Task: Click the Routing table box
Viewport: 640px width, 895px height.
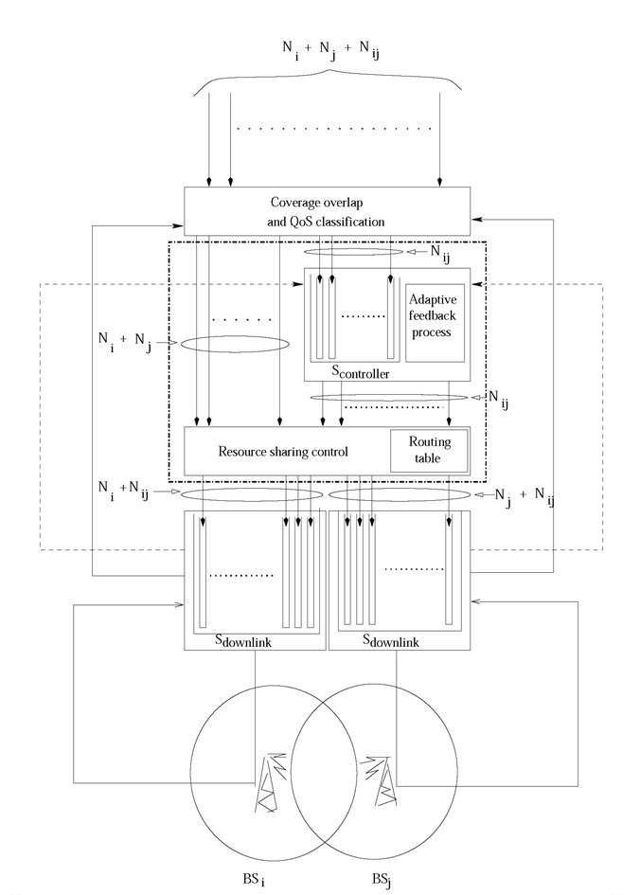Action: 429,451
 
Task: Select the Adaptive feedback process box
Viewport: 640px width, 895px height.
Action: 435,323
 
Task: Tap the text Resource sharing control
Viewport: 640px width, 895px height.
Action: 283,452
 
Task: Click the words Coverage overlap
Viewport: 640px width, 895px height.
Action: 316,203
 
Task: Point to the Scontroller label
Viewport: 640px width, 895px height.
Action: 361,372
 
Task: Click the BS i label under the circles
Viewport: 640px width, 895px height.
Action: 254,880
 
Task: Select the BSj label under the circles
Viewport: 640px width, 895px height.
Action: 382,880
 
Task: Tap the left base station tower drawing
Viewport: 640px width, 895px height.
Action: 268,782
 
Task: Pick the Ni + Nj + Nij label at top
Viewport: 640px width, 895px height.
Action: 330,49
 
